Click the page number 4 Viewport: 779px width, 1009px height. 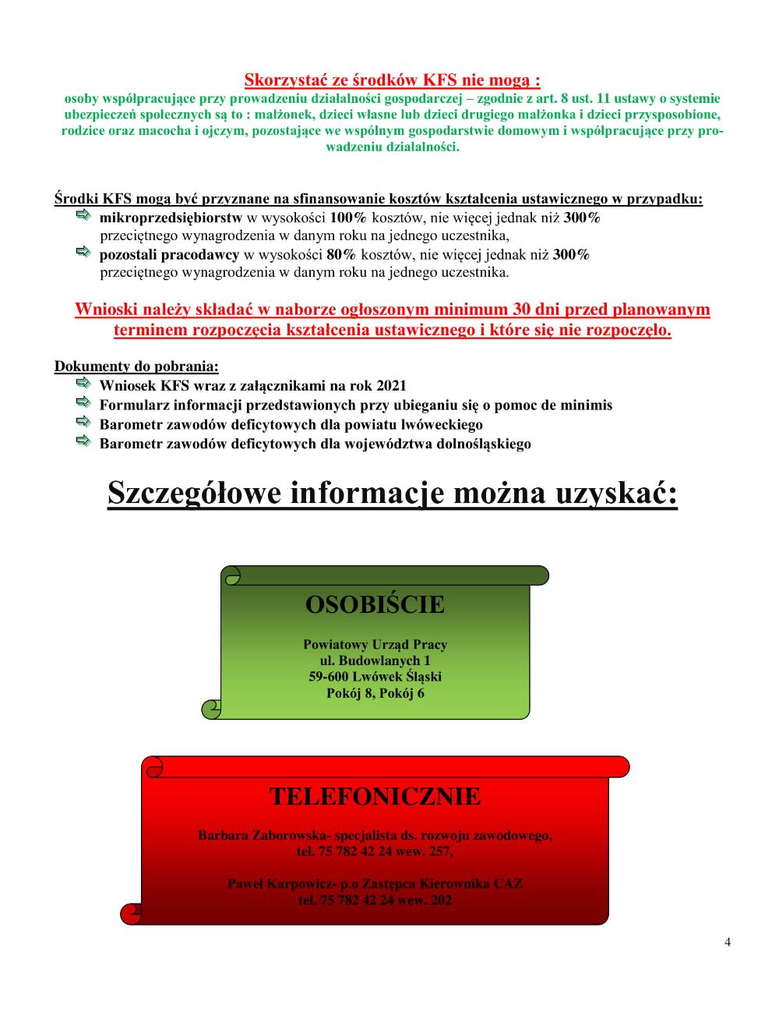click(x=728, y=941)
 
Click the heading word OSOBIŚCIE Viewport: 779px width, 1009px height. click(x=375, y=604)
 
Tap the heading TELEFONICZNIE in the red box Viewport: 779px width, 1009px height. click(x=375, y=796)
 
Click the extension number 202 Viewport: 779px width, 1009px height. click(x=440, y=900)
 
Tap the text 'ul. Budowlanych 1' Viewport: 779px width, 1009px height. click(x=375, y=661)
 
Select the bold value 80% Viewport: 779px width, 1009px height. click(x=340, y=255)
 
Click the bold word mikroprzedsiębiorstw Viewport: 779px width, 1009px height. click(x=171, y=218)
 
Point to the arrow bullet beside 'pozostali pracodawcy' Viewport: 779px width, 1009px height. click(x=83, y=252)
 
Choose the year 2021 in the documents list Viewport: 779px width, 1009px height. click(x=391, y=386)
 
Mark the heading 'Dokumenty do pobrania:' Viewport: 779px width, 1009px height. click(x=136, y=366)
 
